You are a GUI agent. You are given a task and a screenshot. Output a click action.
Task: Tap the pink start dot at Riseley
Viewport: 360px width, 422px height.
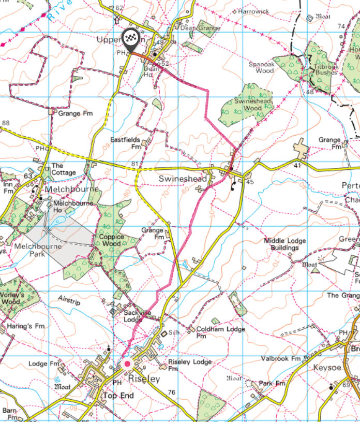127,364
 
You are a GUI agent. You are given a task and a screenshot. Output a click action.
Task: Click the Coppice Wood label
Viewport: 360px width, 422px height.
108,240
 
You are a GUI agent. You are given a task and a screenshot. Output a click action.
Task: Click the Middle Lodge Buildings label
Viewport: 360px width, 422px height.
284,244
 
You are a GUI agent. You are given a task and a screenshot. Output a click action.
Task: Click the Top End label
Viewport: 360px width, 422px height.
118,396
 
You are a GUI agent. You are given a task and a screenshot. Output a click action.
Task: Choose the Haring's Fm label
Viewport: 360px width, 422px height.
22,326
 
